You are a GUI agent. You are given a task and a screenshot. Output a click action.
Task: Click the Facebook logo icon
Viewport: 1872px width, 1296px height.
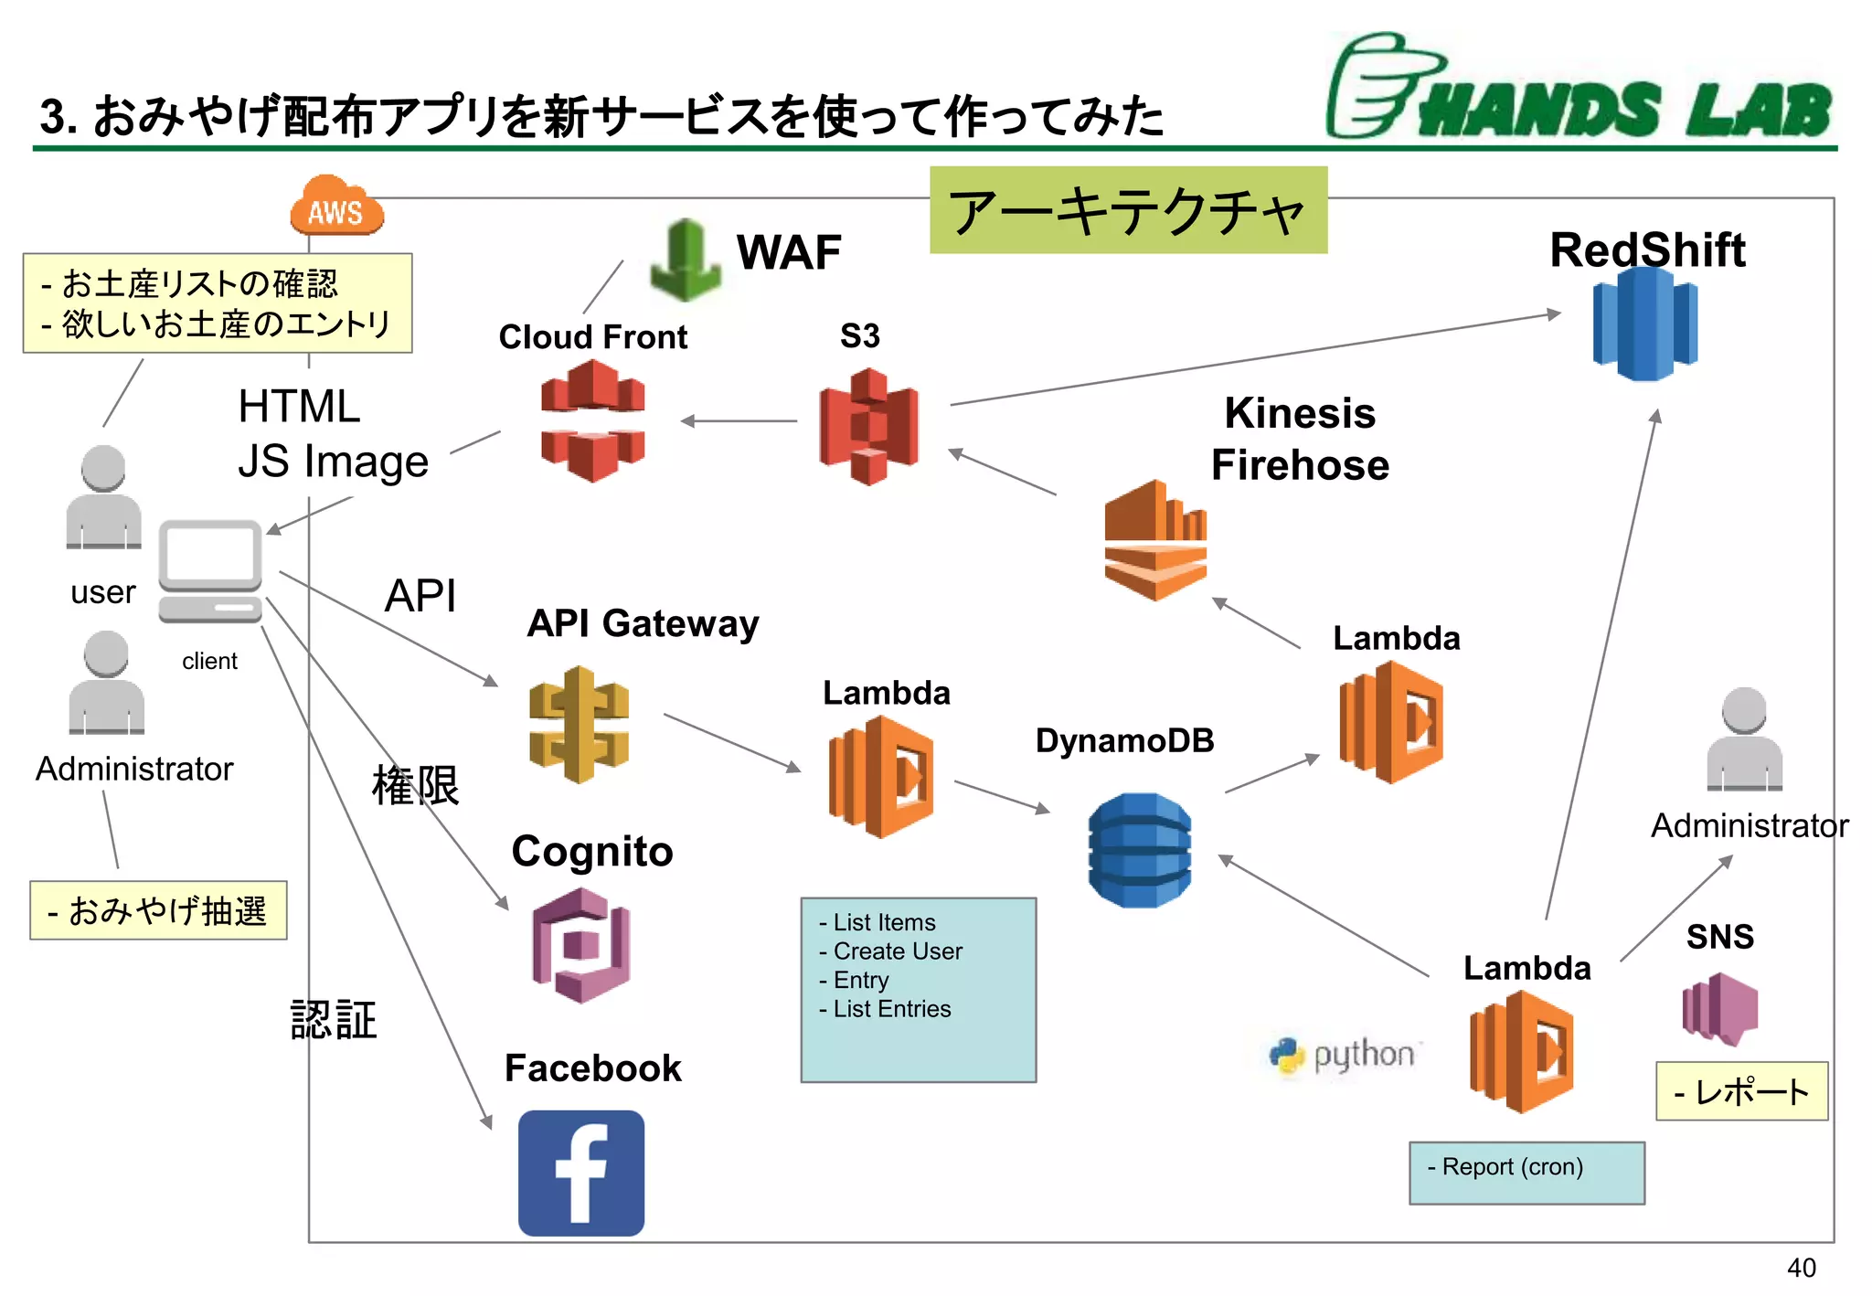(x=580, y=1173)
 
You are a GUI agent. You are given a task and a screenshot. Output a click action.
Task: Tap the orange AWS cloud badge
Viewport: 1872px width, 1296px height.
(x=336, y=208)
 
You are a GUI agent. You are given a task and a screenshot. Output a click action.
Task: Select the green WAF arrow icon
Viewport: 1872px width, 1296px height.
(x=686, y=261)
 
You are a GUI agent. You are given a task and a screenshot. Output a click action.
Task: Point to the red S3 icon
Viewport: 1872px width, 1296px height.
(x=868, y=426)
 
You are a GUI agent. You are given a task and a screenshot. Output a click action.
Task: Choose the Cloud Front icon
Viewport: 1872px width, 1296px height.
(x=592, y=420)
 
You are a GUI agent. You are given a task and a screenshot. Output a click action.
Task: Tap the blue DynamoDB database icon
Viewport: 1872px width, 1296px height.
(x=1140, y=850)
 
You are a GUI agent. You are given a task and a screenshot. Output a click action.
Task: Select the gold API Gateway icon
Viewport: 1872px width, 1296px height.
(x=579, y=725)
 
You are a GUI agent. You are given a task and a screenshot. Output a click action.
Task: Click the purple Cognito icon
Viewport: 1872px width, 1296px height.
(x=581, y=945)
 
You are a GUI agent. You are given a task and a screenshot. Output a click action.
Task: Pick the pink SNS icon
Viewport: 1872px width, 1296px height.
(x=1720, y=1008)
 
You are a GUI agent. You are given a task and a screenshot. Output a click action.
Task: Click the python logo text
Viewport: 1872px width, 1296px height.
(x=1362, y=1055)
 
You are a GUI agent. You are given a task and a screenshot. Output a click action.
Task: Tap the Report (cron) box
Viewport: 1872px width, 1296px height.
(x=1526, y=1172)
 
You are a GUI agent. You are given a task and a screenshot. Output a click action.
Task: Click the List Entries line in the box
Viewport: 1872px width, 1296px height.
(x=891, y=1009)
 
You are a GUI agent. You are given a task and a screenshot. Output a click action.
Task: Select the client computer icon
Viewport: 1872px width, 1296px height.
(x=210, y=571)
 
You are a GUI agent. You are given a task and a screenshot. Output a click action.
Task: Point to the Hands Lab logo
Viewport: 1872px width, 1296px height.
(x=1579, y=90)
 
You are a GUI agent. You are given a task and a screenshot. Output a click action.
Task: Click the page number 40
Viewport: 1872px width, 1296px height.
(x=1801, y=1268)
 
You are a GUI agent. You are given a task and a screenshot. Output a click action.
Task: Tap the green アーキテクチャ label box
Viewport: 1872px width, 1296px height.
(x=1128, y=210)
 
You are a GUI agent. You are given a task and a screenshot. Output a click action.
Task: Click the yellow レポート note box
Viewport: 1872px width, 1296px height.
(x=1741, y=1091)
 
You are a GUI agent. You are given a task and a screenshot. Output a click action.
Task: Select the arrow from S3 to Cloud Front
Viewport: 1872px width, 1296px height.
(x=739, y=421)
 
